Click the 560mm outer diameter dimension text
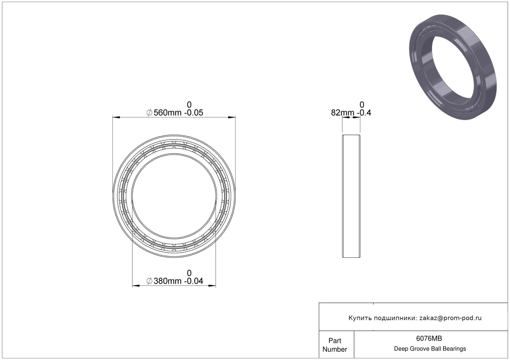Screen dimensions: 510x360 167,113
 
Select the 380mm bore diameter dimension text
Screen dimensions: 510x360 167,281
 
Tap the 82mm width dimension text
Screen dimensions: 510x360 343,113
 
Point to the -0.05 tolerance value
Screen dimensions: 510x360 193,113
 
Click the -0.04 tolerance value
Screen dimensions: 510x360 193,281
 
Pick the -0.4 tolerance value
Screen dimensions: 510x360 364,113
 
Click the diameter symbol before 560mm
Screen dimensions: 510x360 149,113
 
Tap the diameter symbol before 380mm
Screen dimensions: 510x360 149,281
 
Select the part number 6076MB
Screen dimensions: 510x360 429,338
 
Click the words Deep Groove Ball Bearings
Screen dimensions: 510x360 430,349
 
